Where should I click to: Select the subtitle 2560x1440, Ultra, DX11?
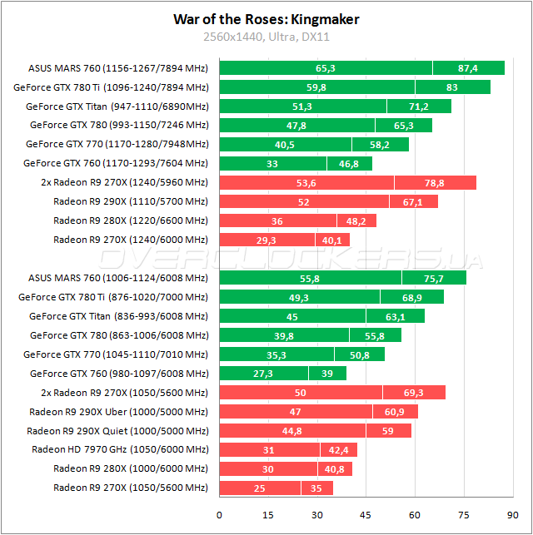coord(266,37)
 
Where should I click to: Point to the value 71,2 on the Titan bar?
coord(419,107)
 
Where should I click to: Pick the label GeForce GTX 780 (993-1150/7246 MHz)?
coord(119,125)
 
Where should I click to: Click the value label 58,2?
coord(380,144)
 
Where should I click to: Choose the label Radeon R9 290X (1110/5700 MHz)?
coord(131,201)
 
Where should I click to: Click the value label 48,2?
coord(356,221)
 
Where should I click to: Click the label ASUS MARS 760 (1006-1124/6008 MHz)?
coord(117,278)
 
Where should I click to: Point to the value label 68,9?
coord(413,297)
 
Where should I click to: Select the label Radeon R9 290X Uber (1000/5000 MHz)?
coord(118,411)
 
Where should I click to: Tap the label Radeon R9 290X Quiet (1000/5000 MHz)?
coord(117,431)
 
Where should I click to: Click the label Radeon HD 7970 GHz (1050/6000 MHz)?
coord(120,449)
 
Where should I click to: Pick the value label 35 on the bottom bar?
coord(316,488)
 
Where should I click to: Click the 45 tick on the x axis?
coord(366,514)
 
